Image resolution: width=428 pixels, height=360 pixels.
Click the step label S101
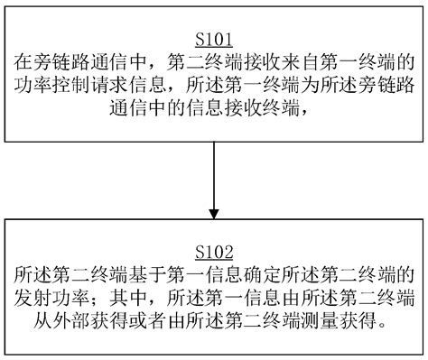click(214, 41)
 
